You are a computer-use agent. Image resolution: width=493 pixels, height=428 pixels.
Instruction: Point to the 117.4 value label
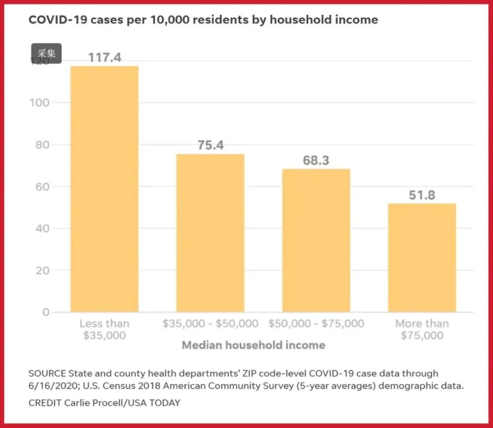105,58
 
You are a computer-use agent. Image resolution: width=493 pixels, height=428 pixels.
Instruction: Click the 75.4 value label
211,145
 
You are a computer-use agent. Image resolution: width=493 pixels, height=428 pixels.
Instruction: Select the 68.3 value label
316,161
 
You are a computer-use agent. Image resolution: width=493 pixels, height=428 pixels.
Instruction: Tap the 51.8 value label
422,195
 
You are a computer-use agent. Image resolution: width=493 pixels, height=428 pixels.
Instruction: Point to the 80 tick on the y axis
43,145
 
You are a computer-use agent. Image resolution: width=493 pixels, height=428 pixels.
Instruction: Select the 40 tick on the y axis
43,229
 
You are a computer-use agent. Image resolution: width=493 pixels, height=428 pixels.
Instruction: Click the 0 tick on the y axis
46,312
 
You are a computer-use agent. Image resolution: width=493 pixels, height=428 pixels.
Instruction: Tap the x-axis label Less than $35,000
105,329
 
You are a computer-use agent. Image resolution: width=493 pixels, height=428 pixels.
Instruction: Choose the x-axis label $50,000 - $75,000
316,324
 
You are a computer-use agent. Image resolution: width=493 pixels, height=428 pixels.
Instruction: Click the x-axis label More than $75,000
422,329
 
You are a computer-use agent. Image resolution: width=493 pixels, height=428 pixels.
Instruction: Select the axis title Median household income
253,345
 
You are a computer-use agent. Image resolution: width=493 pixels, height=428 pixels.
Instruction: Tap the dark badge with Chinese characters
46,53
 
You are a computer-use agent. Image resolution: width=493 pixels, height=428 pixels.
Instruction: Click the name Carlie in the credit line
79,403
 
